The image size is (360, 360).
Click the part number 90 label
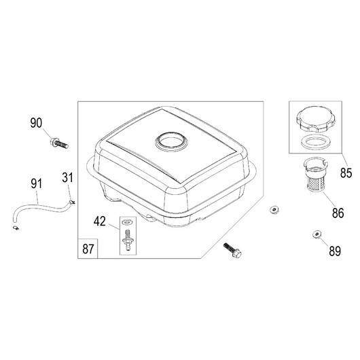coord(36,123)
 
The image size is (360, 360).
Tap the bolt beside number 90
coord(59,143)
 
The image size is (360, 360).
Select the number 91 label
coord(37,183)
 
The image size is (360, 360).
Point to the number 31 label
coord(67,177)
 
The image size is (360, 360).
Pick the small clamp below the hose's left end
coord(16,228)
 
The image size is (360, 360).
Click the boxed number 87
coord(88,249)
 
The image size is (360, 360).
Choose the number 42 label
coord(100,221)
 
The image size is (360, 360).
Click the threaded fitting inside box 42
coord(128,240)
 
